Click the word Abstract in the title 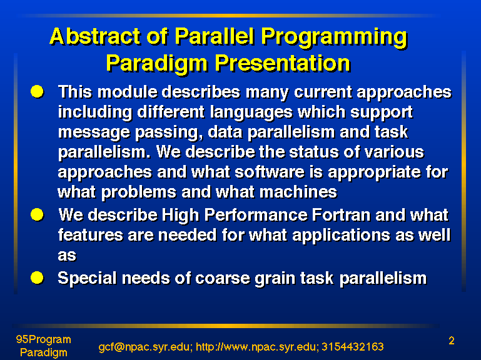[x=95, y=36]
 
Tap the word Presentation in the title [x=282, y=64]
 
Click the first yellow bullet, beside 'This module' [x=37, y=92]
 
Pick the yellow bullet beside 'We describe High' [x=37, y=214]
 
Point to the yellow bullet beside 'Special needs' [x=37, y=278]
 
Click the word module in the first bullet [x=128, y=92]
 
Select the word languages [x=251, y=113]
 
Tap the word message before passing [x=94, y=133]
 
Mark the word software [x=270, y=172]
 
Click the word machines [x=298, y=192]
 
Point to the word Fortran [x=342, y=215]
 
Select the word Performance [x=256, y=215]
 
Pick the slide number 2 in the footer [x=451, y=341]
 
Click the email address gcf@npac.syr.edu [x=144, y=347]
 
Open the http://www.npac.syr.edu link [x=257, y=347]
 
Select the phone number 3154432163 [x=353, y=347]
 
